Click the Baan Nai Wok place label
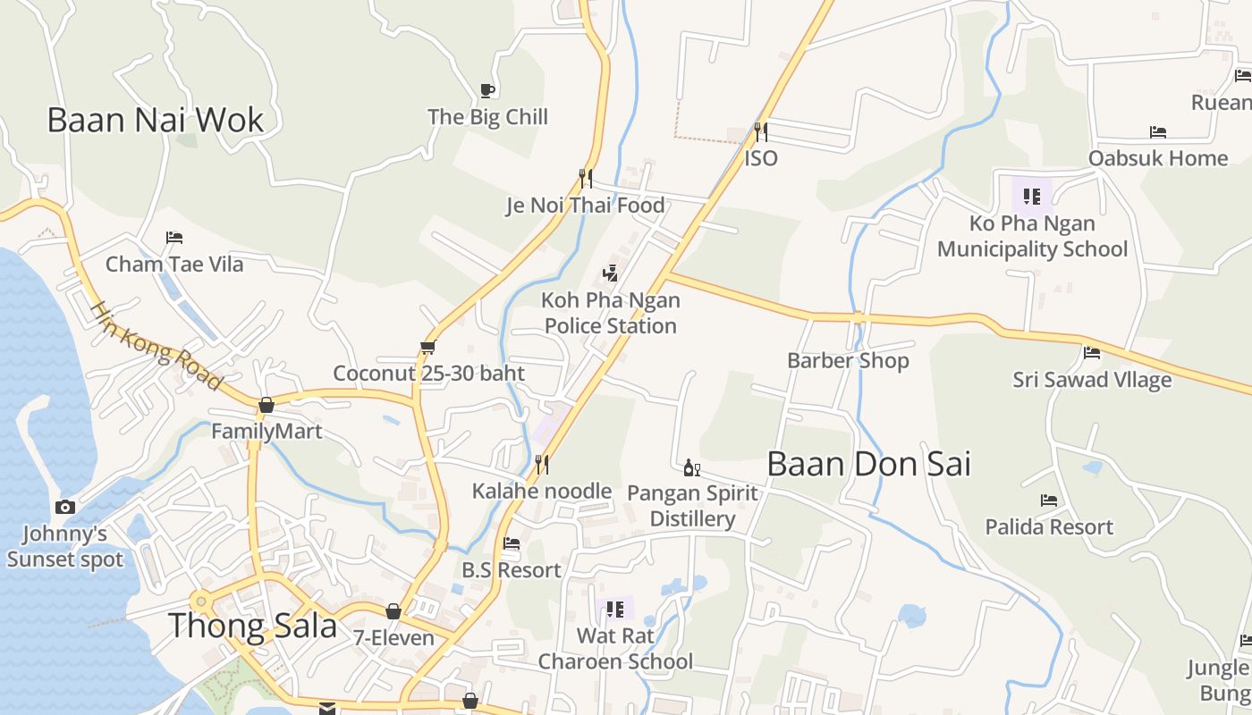coord(156,120)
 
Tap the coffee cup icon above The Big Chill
coord(487,90)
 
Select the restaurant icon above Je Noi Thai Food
coord(585,179)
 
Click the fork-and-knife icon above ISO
coord(761,132)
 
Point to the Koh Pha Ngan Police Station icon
coord(611,273)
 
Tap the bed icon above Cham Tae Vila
coord(174,238)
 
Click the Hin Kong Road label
coord(156,345)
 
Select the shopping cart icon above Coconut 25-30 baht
coord(428,347)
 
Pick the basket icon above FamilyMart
coord(266,406)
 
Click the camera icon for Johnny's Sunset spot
coord(64,508)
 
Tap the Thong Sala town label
coord(252,626)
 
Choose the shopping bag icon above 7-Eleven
coord(393,611)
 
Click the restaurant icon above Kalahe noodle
coord(541,465)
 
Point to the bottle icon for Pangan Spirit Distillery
coord(691,467)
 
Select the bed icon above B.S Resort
coord(512,543)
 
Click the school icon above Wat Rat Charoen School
coord(614,610)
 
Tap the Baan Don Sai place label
coord(868,465)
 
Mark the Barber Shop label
coord(848,361)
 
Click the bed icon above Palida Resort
coord(1049,500)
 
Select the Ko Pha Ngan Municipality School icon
coord(1031,197)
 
